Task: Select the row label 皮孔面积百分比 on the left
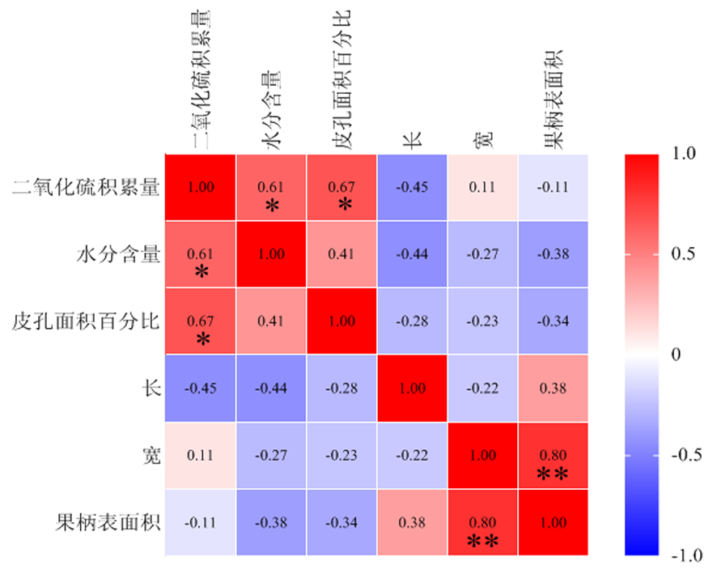[86, 321]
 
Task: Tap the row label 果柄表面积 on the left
[108, 522]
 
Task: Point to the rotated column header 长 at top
[412, 138]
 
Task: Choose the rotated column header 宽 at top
[483, 138]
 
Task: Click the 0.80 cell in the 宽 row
[554, 456]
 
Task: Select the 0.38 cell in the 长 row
[554, 389]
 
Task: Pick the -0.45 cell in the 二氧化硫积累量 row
[412, 187]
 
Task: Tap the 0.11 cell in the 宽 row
[201, 456]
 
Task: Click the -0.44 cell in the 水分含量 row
[412, 254]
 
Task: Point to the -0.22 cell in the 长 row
[483, 389]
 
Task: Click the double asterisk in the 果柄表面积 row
[483, 540]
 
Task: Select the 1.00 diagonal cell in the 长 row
[412, 389]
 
